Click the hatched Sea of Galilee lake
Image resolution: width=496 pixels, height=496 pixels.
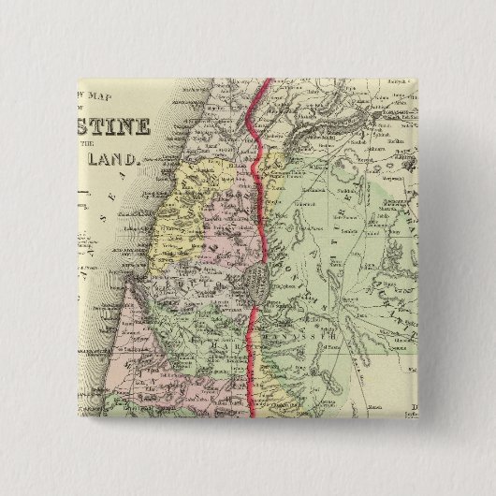tap(255, 280)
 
